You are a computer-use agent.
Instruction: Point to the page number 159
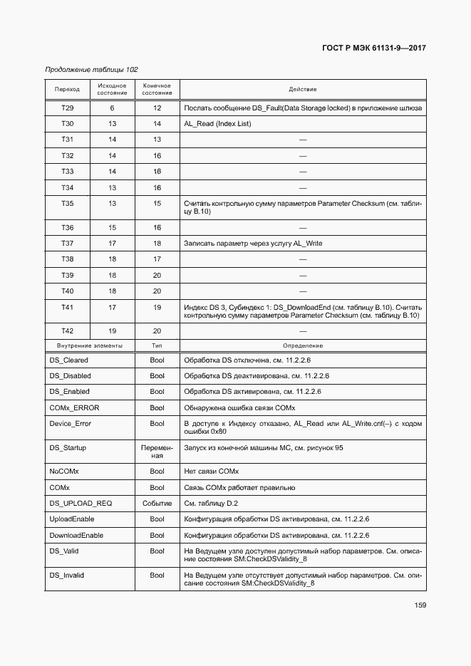[419, 605]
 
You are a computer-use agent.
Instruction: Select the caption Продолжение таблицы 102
[91, 70]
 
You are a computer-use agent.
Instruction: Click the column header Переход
[67, 90]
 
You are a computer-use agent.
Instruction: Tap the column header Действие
[302, 90]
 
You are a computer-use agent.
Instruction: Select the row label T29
[67, 108]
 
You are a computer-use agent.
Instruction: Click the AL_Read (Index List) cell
[217, 124]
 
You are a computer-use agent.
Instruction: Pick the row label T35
[67, 204]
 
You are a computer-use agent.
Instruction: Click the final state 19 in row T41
[157, 307]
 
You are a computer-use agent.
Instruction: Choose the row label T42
[67, 331]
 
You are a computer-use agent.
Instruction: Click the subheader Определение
[302, 345]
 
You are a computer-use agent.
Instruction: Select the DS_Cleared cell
[68, 360]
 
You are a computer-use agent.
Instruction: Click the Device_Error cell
[70, 424]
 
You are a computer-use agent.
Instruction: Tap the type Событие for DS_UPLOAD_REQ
[157, 503]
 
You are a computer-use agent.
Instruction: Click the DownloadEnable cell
[76, 535]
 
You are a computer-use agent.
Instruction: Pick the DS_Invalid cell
[66, 575]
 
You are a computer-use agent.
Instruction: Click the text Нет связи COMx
[212, 472]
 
